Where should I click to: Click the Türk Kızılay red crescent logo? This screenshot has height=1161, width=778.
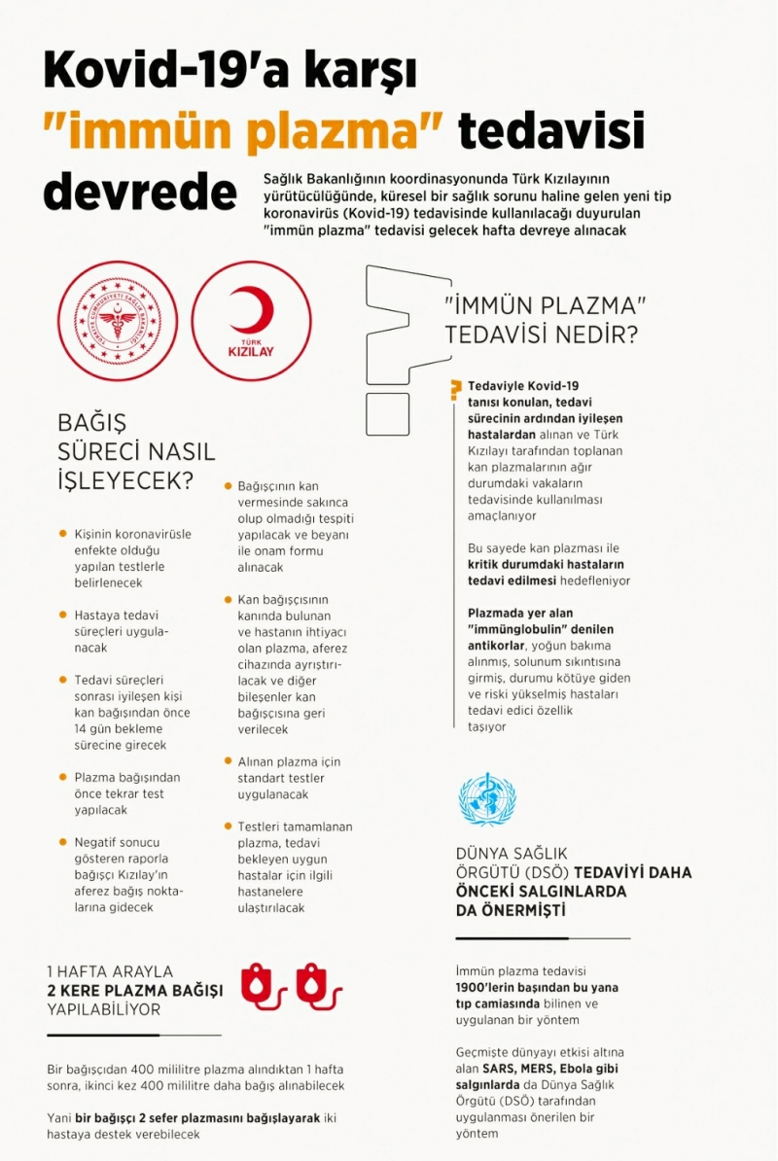(251, 320)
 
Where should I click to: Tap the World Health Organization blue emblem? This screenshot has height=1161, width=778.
(487, 799)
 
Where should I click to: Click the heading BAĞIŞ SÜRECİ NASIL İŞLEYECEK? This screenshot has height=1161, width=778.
(136, 452)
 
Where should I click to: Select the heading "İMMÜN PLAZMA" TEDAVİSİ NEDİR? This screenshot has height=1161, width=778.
(544, 320)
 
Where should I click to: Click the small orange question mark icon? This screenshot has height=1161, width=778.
(454, 391)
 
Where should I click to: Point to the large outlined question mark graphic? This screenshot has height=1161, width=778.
(399, 340)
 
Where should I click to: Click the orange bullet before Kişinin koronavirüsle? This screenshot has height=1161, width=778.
(63, 534)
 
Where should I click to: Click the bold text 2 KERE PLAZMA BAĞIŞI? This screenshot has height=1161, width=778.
(135, 990)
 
